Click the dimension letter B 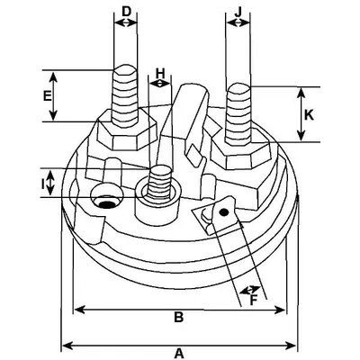[178, 317]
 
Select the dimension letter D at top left [127, 12]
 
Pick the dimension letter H [161, 73]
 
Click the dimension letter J [238, 12]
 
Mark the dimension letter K [309, 115]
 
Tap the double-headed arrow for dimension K [300, 114]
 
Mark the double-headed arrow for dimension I [50, 184]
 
